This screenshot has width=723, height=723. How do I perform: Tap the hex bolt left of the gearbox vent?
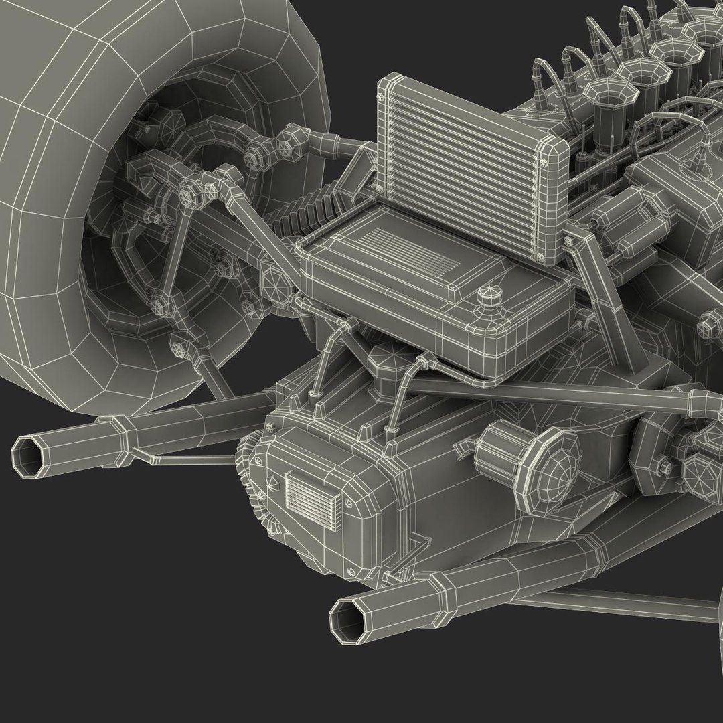[272, 482]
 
